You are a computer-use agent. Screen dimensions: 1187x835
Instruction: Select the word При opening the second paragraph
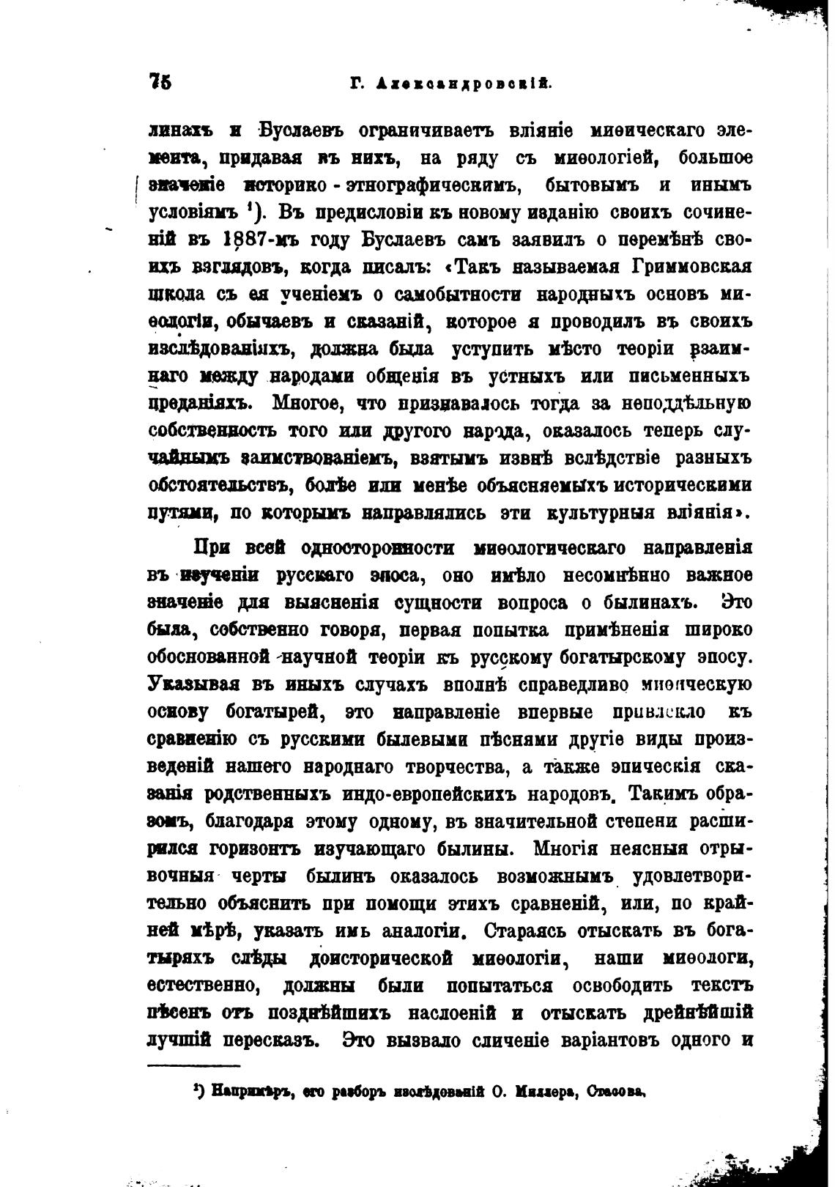tap(210, 548)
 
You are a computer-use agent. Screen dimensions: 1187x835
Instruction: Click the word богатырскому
tap(620, 657)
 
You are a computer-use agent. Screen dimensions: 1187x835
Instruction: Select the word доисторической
tap(382, 958)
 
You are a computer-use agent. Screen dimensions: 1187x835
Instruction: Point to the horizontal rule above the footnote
tap(194, 1066)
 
